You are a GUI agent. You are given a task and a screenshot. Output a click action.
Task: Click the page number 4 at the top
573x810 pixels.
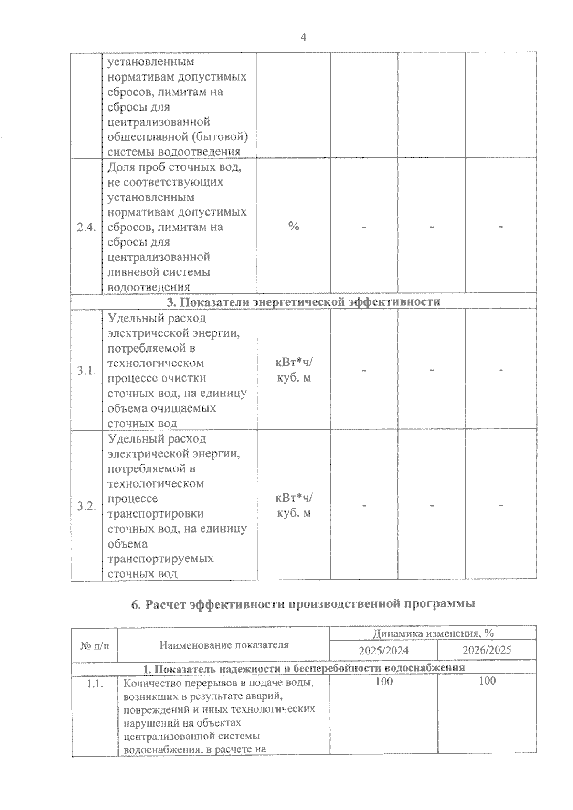click(x=304, y=37)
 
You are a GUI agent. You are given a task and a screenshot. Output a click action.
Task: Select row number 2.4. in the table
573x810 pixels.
click(x=86, y=227)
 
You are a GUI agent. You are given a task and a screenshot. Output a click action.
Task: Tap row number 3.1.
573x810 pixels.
click(x=86, y=371)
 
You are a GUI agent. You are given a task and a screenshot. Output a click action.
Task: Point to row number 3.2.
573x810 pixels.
click(x=86, y=506)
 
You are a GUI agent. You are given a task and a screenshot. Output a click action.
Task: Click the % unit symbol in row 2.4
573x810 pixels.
click(x=294, y=227)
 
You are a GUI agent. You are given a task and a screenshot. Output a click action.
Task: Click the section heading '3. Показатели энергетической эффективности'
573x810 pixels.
click(x=303, y=302)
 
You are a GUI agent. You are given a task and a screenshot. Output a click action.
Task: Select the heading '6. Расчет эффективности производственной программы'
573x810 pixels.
click(x=303, y=604)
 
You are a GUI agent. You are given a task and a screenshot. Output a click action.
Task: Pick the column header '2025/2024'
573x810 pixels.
click(x=383, y=650)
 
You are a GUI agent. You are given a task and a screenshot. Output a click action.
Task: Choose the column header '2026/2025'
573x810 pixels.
click(x=487, y=650)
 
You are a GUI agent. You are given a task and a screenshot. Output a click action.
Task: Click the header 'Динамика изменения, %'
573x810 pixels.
click(x=433, y=633)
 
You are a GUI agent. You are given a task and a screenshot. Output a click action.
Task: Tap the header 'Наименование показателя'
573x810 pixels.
click(x=223, y=645)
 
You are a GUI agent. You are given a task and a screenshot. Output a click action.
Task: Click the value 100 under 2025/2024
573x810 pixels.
click(x=383, y=681)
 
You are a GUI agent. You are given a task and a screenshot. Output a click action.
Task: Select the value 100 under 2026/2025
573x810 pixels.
click(x=487, y=681)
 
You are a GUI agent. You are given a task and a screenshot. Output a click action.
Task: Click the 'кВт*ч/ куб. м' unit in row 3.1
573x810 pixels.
click(x=294, y=371)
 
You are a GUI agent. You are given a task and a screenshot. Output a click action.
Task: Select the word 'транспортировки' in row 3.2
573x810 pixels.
click(x=156, y=514)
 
